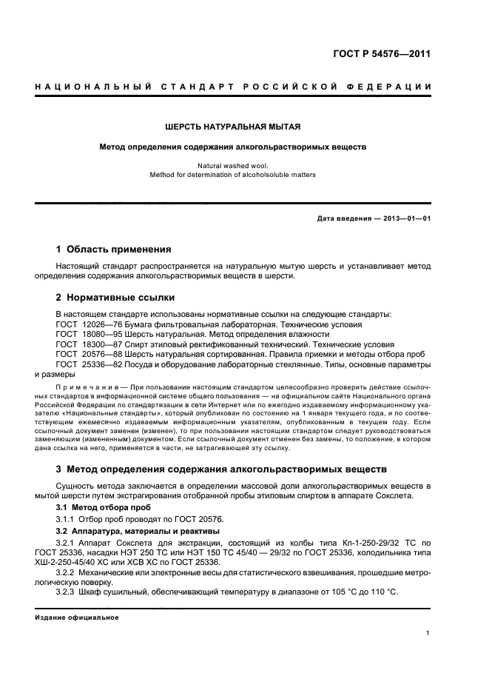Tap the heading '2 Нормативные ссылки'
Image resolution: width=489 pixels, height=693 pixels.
click(x=115, y=298)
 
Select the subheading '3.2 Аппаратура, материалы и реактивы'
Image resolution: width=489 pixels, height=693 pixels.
click(x=138, y=532)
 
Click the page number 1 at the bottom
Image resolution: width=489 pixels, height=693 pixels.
click(x=428, y=633)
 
